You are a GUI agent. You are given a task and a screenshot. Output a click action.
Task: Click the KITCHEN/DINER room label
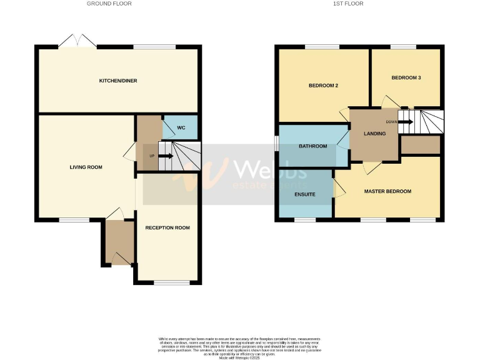click(x=118, y=81)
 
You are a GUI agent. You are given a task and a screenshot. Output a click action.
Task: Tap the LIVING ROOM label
click(x=86, y=167)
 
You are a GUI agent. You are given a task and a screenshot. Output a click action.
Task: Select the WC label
click(x=181, y=128)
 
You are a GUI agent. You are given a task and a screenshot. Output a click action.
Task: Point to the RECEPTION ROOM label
click(x=167, y=227)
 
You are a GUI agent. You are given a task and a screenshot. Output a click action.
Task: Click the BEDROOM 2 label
click(x=323, y=86)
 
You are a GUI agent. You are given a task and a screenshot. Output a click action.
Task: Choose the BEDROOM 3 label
click(x=406, y=77)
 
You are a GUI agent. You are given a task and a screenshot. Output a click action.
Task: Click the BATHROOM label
click(x=312, y=146)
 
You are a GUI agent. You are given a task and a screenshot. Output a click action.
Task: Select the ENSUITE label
click(x=304, y=194)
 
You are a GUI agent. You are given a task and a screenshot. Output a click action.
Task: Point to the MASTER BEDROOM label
click(x=387, y=191)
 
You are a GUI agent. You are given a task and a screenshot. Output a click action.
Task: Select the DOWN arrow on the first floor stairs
click(x=405, y=122)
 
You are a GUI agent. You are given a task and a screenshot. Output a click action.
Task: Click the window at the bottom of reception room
click(x=171, y=283)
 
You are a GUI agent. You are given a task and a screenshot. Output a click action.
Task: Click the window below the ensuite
click(x=304, y=219)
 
